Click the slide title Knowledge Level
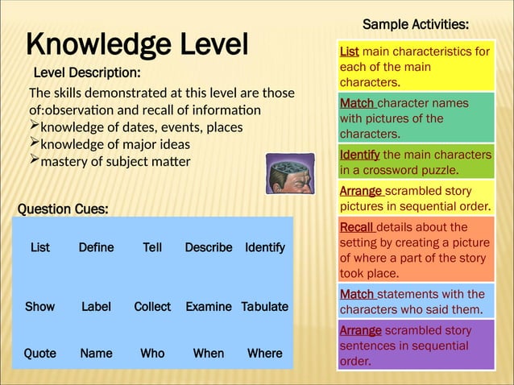(x=137, y=45)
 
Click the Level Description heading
(x=86, y=73)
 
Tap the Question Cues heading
(x=63, y=209)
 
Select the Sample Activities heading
(x=416, y=25)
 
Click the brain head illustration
(x=290, y=174)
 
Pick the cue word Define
(x=96, y=247)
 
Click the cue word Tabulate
(x=264, y=307)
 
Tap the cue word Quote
(x=39, y=353)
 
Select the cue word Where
(x=264, y=353)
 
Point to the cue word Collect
(x=152, y=307)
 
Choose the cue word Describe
(x=208, y=247)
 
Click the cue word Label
(x=96, y=307)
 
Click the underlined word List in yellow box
(x=349, y=52)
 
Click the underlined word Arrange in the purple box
(x=360, y=330)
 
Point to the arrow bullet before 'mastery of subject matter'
(x=34, y=160)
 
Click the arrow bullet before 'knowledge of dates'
(x=34, y=126)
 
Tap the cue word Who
(x=152, y=353)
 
